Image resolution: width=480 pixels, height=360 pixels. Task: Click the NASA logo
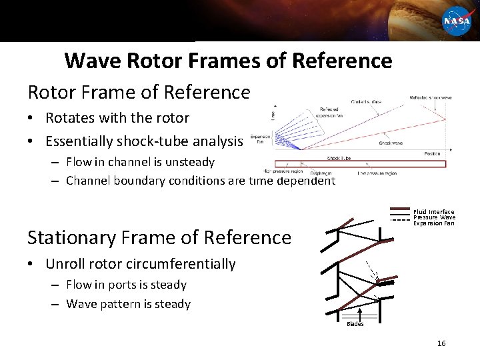[457, 21]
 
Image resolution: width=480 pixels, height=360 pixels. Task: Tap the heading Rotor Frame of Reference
[139, 91]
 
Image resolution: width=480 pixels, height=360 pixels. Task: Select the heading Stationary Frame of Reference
[159, 237]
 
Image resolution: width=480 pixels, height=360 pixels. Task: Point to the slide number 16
[441, 343]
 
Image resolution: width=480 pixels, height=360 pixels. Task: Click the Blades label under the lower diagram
[355, 324]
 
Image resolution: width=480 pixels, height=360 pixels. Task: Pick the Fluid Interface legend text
[434, 212]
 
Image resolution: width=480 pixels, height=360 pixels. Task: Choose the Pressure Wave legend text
[434, 217]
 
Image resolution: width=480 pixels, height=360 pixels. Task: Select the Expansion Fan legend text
[433, 223]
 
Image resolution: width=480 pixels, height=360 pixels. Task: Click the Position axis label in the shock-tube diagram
[432, 154]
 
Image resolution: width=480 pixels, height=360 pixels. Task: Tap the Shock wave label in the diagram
[390, 143]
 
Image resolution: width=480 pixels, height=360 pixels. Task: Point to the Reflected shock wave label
[430, 98]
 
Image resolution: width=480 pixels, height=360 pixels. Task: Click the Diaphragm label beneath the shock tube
[322, 173]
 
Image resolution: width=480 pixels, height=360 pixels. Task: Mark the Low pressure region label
[377, 173]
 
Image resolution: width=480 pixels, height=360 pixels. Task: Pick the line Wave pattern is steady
[128, 304]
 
